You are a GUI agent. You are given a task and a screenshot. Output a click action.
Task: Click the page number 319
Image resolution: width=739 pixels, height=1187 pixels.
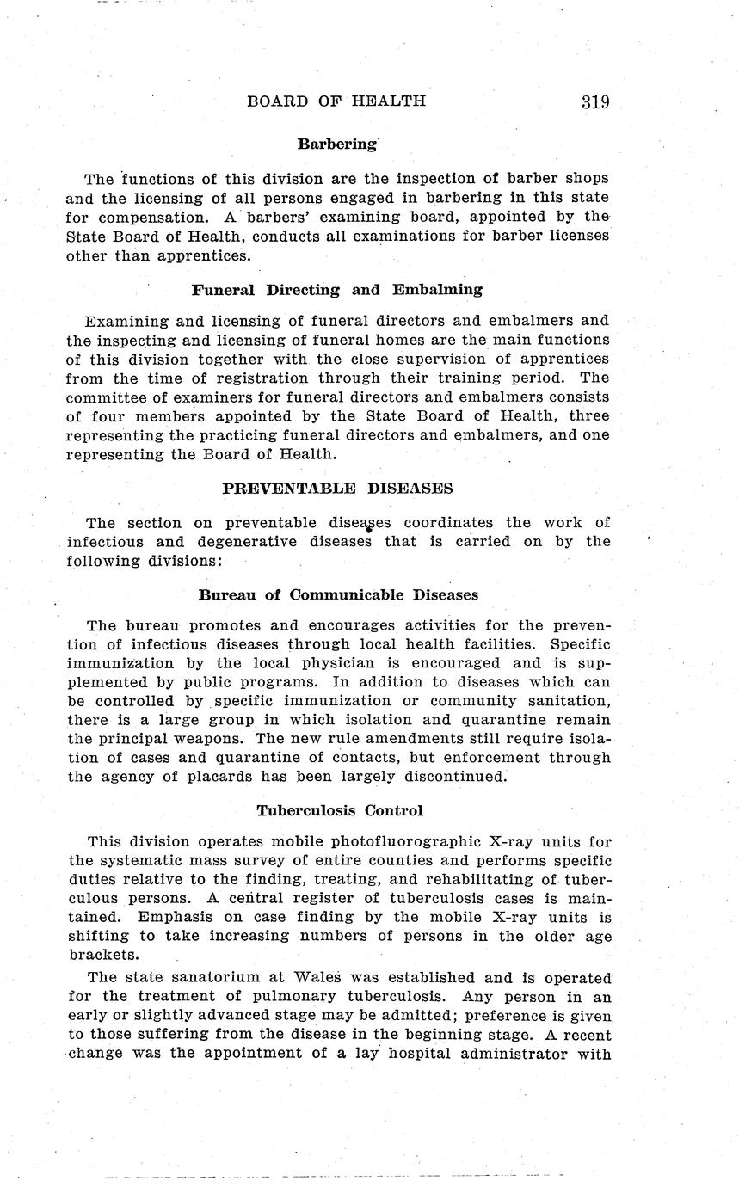point(594,102)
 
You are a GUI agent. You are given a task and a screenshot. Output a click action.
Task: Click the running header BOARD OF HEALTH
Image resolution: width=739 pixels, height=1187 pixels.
point(336,101)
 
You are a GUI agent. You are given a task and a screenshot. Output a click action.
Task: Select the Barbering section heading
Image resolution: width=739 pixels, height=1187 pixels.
point(337,145)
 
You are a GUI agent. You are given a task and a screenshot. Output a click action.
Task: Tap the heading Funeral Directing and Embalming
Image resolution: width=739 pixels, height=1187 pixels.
point(337,290)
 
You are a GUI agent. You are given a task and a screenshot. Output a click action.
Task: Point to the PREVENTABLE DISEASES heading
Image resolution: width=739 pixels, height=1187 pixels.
point(337,489)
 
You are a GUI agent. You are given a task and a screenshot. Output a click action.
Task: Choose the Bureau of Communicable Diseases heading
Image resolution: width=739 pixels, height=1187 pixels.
point(338,595)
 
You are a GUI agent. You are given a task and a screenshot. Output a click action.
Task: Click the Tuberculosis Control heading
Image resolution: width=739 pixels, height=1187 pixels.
point(340,810)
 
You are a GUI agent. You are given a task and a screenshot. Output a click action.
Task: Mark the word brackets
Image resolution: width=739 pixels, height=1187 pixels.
point(102,955)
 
